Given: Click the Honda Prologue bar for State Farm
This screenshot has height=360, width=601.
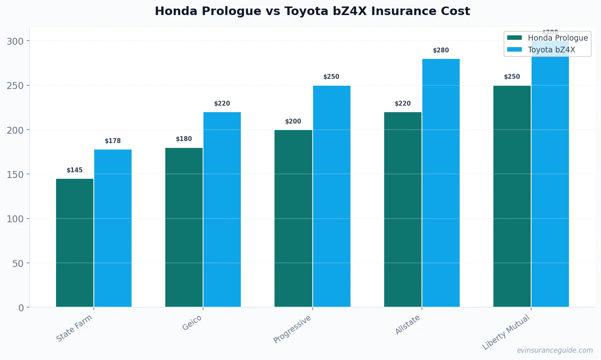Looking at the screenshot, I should coord(75,243).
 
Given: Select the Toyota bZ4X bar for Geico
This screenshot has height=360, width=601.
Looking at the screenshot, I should coord(222,209).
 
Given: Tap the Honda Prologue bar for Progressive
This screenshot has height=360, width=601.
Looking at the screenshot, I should coord(293,218).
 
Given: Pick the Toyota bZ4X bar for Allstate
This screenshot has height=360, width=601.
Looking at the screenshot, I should coord(441,183).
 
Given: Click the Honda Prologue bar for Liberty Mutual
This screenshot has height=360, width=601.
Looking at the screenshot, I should coord(512,196).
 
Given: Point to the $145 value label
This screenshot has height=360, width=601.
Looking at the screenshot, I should coord(75,170).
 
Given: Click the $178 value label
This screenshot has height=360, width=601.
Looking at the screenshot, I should coord(113,141).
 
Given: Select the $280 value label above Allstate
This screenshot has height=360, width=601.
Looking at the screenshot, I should coord(441,50).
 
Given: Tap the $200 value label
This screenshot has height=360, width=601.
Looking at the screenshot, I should coord(293,121).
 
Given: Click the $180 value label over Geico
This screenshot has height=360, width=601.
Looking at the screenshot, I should coord(184,139).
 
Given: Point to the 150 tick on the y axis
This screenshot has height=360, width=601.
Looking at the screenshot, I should coord(15,174).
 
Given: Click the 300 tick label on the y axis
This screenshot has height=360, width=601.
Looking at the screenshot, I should coord(15,41).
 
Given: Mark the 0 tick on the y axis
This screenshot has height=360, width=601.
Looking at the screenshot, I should coord(21,308).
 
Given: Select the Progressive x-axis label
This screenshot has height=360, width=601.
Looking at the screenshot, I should coord(292,329).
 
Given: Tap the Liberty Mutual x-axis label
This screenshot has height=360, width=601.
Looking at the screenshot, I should coord(506,332).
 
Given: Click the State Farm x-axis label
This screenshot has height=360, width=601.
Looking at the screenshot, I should coord(74,328).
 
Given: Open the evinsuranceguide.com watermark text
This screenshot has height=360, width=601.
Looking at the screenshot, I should coord(555,350).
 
